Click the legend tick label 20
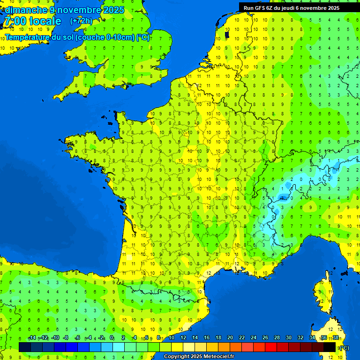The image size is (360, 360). coord(230,338)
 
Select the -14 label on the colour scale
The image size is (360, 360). coord(32,338)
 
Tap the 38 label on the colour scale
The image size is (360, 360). coord(336,338)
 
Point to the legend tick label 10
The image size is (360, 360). coord(172,338)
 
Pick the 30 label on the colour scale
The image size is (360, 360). coord(288,338)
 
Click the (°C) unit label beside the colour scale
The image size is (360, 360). coord(344,347)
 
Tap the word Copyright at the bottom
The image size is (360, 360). coord(177,357)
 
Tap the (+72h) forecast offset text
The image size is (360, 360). coord(81,21)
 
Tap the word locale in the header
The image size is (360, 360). coord(45,21)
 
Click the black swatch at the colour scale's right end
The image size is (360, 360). coord(330,347)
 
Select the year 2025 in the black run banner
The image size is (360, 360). coord(345,7)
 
